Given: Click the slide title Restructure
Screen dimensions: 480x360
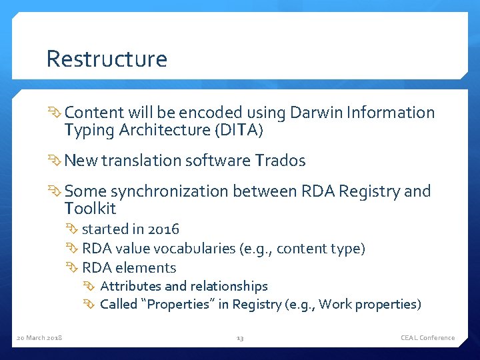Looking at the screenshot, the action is (107, 59).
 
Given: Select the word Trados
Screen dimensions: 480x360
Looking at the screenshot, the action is (280, 161).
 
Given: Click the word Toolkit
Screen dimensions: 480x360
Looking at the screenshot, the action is (90, 209).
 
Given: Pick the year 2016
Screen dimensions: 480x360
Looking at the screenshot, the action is (164, 229).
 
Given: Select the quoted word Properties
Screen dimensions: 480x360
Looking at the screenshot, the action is (176, 305).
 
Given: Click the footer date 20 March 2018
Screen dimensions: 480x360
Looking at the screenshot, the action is (39, 338).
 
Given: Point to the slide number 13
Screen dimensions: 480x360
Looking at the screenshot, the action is (240, 338).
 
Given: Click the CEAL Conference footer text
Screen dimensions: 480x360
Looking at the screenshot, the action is (427, 338).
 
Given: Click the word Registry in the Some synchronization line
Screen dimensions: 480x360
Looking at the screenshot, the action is (370, 192).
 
